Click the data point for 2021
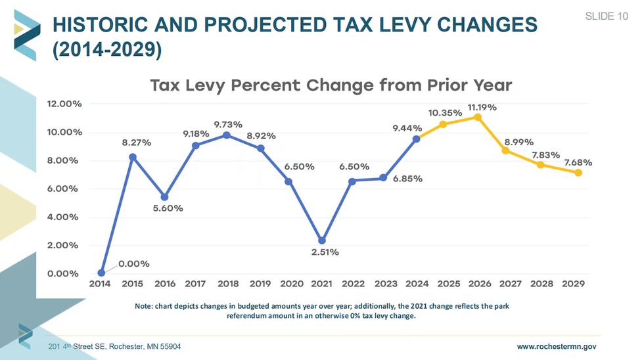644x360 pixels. (321, 240)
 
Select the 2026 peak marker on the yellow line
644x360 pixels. (477, 117)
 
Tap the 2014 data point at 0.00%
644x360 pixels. (101, 273)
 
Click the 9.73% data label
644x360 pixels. (228, 124)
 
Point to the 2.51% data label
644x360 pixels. (325, 252)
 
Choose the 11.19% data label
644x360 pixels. (482, 107)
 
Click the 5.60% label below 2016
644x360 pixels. (168, 208)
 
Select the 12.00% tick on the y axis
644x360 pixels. (64, 104)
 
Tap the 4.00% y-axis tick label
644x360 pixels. (64, 217)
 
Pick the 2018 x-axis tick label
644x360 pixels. (227, 284)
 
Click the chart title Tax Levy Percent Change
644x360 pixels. (331, 85)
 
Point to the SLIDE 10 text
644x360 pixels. (606, 16)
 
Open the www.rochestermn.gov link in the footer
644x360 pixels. (556, 346)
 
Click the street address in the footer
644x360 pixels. (115, 346)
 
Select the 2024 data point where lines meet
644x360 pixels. (416, 139)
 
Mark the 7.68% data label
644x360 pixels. (578, 162)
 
